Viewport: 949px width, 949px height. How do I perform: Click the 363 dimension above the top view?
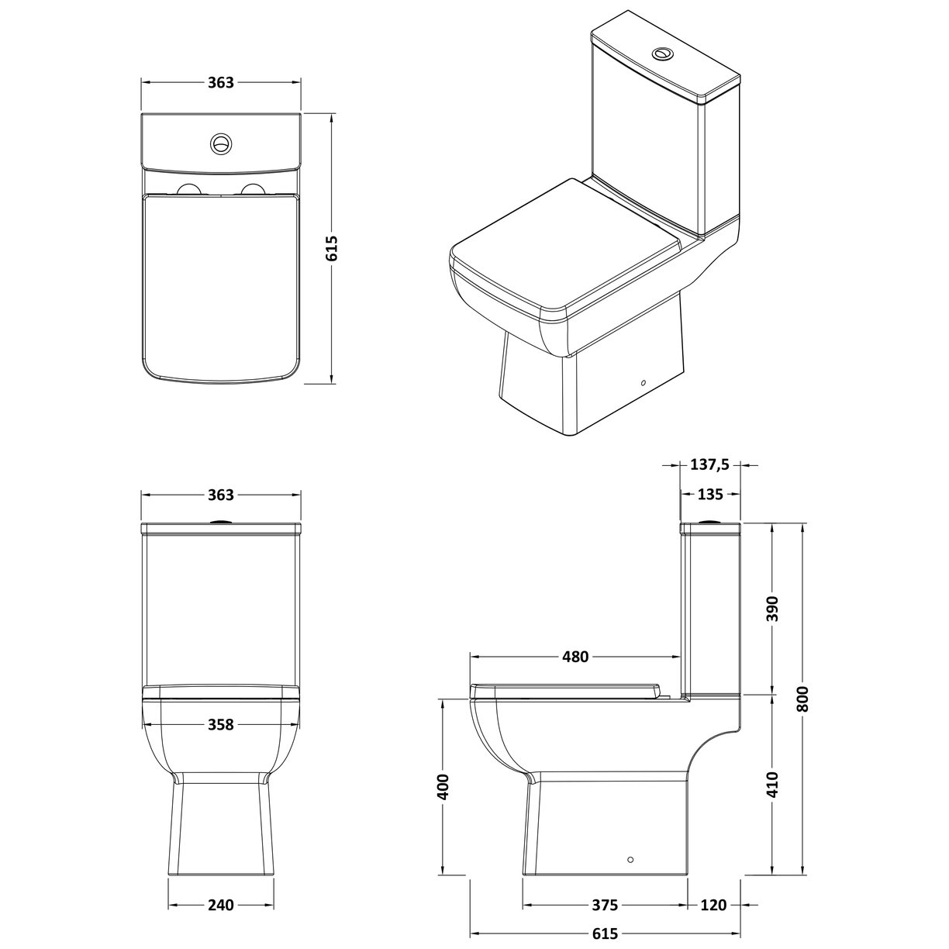click(x=221, y=83)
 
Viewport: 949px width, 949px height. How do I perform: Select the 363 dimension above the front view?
click(x=221, y=495)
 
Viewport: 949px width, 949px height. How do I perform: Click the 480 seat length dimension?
click(x=575, y=657)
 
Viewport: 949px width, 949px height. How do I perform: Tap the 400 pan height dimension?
click(x=443, y=787)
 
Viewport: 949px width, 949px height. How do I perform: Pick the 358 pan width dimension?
click(x=221, y=724)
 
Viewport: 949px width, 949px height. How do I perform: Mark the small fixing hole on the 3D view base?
click(x=642, y=383)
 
